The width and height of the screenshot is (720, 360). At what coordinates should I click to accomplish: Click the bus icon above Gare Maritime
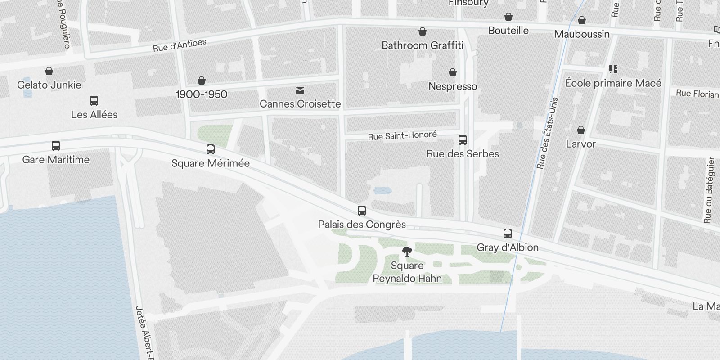click(56, 146)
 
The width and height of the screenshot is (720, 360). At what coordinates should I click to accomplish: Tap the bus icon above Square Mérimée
click(210, 149)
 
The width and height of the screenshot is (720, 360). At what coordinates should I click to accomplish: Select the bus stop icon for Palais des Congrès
click(362, 211)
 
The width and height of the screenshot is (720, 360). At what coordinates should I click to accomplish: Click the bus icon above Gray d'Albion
click(508, 234)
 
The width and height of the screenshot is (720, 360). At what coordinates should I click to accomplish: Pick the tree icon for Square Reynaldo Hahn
click(407, 252)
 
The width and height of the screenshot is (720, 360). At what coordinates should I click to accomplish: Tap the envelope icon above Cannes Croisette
click(300, 90)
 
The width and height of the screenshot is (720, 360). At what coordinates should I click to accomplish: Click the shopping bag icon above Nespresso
click(453, 72)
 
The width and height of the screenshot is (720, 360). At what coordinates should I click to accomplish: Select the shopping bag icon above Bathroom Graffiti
click(423, 31)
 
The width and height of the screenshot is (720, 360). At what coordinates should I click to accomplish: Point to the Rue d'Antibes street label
click(180, 45)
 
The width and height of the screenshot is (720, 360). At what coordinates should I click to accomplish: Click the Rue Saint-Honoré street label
click(402, 135)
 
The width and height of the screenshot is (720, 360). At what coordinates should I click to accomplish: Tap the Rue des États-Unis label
click(547, 133)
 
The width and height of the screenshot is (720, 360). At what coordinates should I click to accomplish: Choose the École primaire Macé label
click(613, 83)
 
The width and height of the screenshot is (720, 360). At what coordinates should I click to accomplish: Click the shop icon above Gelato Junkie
click(49, 71)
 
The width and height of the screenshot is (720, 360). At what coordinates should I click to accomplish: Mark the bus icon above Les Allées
click(94, 101)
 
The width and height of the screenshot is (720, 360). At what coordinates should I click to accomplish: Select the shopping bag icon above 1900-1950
click(202, 81)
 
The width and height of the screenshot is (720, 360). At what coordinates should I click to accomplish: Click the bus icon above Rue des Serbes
click(463, 140)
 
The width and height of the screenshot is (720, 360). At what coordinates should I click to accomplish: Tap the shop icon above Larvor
click(581, 130)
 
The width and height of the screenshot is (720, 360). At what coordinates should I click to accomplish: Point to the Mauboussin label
click(582, 34)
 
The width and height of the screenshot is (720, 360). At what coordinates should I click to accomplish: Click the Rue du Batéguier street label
click(708, 190)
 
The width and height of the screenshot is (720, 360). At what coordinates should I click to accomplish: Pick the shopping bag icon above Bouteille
click(508, 17)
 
